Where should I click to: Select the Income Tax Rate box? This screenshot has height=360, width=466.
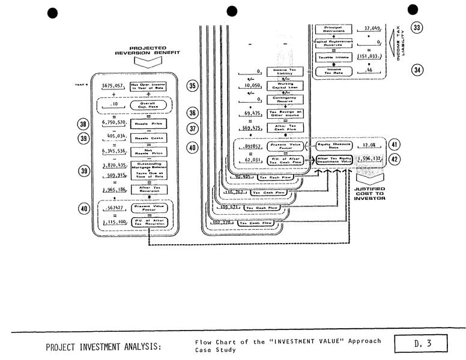point(333,71)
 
